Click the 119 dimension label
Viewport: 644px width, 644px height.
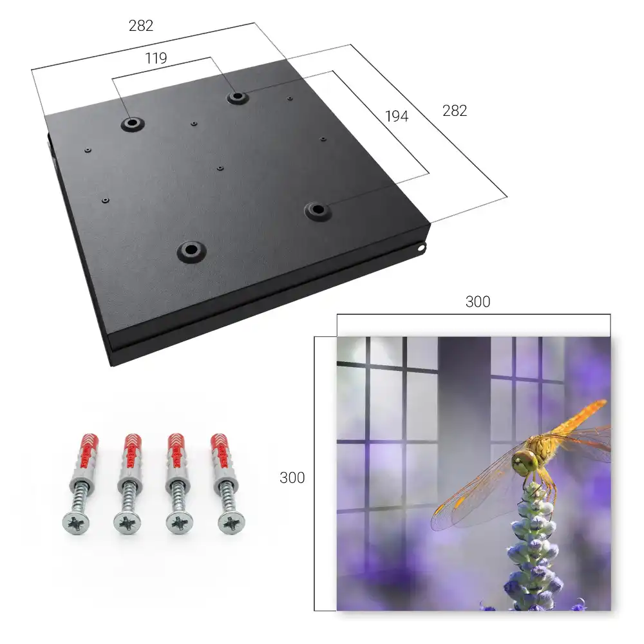(156, 59)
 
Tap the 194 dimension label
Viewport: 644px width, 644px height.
(397, 117)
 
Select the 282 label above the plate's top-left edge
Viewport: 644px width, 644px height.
(141, 26)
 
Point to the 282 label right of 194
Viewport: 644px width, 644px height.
(455, 111)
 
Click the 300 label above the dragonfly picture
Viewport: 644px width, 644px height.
(478, 302)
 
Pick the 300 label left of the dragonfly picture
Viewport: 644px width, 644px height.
(292, 478)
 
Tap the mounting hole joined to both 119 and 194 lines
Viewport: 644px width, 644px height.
(236, 97)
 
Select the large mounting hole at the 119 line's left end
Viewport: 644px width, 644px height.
(132, 123)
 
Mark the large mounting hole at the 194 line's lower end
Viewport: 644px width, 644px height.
(317, 211)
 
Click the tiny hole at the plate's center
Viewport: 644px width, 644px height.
(220, 168)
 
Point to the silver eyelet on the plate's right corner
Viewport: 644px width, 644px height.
(421, 247)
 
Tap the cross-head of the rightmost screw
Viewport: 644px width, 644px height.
(231, 523)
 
